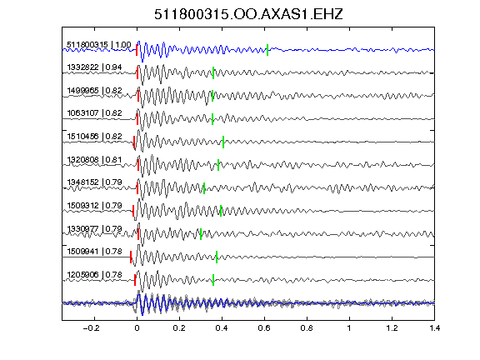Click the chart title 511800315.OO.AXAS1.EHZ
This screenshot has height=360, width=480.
[x=248, y=14]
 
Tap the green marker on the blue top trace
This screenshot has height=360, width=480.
[x=267, y=50]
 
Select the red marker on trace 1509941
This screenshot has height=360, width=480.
[x=131, y=257]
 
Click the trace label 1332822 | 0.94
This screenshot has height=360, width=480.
[x=94, y=67]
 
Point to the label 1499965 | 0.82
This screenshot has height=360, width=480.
[x=94, y=91]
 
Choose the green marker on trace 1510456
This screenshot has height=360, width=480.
[x=223, y=142]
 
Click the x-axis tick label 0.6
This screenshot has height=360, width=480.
[x=264, y=328]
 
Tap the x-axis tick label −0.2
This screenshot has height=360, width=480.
[x=91, y=328]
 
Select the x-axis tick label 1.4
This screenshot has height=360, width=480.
[x=434, y=328]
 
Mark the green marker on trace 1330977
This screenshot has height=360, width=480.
[x=201, y=234]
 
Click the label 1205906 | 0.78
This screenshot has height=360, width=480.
[x=94, y=275]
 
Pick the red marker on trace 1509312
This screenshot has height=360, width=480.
[x=133, y=211]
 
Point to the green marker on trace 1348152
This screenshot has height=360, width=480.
[x=204, y=188]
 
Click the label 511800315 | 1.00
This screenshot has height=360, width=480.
[x=99, y=45]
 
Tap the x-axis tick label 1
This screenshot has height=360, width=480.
[x=349, y=328]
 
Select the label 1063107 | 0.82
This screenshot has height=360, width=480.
[x=94, y=113]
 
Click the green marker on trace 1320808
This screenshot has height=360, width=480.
[x=218, y=165]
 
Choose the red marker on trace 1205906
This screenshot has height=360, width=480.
[x=135, y=280]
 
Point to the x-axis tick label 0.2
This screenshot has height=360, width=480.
[x=179, y=328]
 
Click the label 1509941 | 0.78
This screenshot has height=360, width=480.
[x=94, y=252]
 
